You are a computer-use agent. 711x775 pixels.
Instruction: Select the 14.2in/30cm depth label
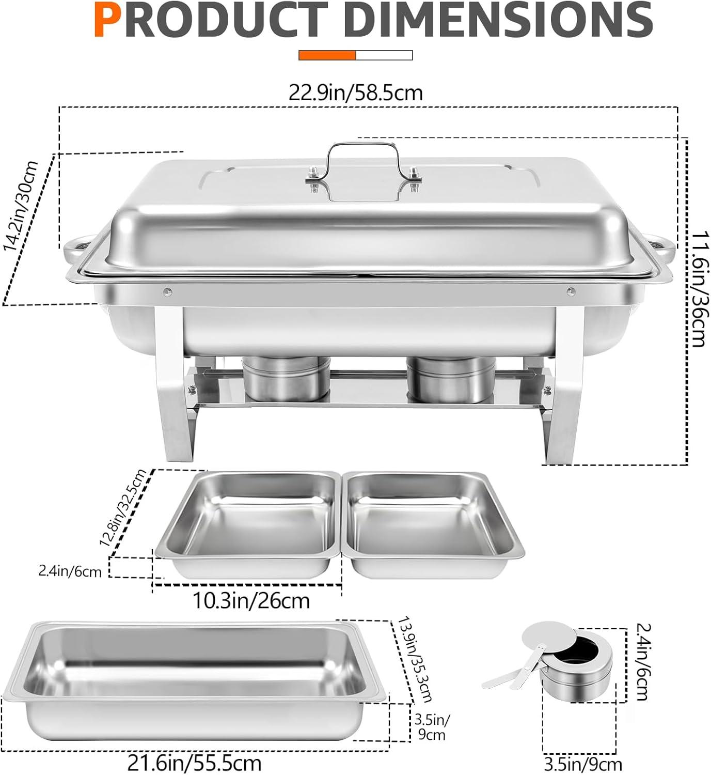(22, 206)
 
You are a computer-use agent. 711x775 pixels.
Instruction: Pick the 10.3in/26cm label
(251, 601)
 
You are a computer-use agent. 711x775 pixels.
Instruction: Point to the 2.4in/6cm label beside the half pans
(70, 571)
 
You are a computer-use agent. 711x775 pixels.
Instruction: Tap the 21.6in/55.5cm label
(194, 763)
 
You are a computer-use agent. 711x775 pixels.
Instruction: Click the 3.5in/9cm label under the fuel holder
(583, 764)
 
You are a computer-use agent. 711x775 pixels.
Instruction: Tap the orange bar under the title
(327, 55)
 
